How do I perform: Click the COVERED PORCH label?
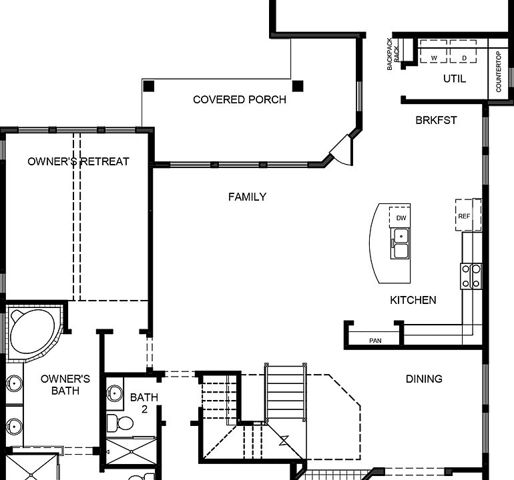pos(239,100)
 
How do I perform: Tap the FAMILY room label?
pos(247,197)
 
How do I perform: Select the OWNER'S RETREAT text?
pos(78,161)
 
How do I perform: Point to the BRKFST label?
pos(436,120)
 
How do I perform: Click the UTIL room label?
pos(455,79)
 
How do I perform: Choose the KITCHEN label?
pos(413,301)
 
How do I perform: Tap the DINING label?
pos(424,379)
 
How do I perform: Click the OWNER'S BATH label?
pos(65,385)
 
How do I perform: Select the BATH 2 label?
pos(144,403)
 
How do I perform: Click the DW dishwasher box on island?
pos(401,218)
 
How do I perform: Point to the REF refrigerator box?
pos(465,216)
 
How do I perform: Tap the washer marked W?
pos(434,58)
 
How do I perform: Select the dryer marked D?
pos(463,58)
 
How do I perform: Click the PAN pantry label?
pos(375,341)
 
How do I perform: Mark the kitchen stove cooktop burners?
pos(471,276)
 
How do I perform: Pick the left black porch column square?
pos(148,86)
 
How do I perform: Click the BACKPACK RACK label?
pos(394,54)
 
